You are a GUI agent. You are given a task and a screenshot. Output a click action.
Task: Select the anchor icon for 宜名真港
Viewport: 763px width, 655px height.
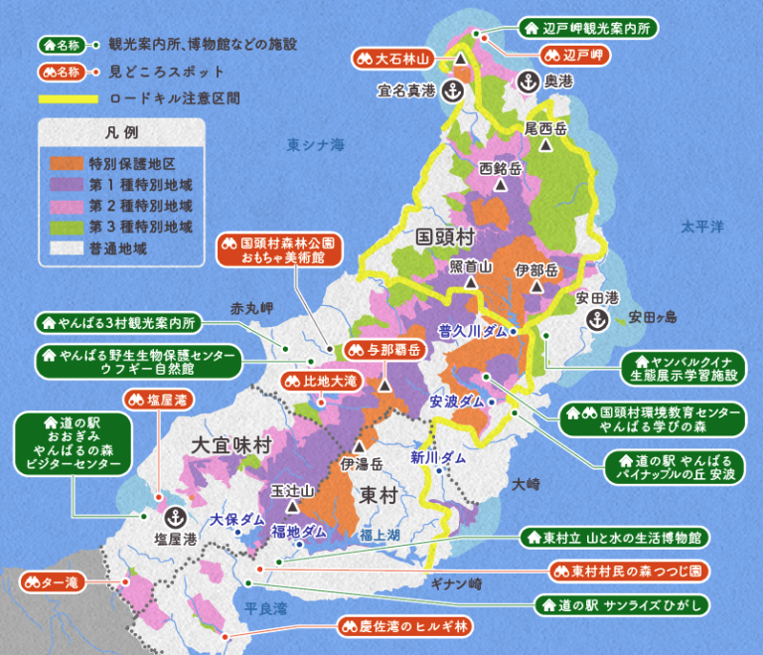[452, 91]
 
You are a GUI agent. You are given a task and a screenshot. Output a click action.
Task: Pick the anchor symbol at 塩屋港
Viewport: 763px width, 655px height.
[175, 517]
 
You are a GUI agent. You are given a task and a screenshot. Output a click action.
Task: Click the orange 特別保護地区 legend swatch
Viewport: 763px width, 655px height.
[66, 163]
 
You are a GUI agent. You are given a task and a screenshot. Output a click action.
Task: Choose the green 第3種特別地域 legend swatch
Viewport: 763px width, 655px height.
[66, 226]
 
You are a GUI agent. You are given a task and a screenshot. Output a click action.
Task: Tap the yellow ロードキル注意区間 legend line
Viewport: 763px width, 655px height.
[68, 99]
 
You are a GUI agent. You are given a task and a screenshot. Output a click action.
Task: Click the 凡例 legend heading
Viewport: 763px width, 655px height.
[121, 133]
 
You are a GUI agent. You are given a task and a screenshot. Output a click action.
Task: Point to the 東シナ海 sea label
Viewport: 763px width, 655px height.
[315, 145]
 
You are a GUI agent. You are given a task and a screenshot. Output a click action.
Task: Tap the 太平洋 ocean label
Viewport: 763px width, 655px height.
[702, 227]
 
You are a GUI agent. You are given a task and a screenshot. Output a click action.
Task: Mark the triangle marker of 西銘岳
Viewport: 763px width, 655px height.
[501, 184]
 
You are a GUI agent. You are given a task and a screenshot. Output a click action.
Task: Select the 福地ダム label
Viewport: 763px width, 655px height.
[299, 532]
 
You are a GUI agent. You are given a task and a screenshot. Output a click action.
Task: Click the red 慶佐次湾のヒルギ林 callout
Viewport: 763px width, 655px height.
[405, 627]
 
